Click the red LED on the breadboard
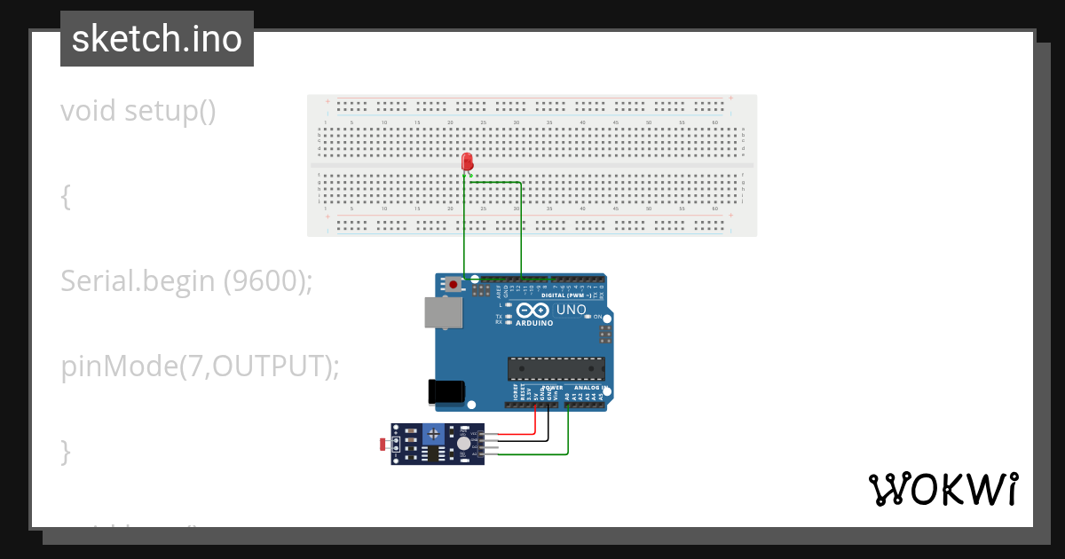[x=468, y=161]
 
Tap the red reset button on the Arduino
[x=454, y=285]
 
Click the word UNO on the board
[x=571, y=310]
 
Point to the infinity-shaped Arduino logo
[x=530, y=311]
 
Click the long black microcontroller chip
[x=556, y=368]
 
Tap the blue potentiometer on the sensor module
[x=433, y=435]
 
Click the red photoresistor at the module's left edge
[x=383, y=443]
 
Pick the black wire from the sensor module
[x=524, y=441]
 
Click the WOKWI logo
[x=943, y=489]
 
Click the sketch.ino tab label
[x=157, y=39]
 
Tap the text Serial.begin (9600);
[x=187, y=281]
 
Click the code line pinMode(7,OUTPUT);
[x=201, y=366]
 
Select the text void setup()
[x=138, y=112]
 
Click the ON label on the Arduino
[x=597, y=317]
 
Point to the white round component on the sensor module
[x=463, y=443]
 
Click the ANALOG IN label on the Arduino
[x=588, y=388]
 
